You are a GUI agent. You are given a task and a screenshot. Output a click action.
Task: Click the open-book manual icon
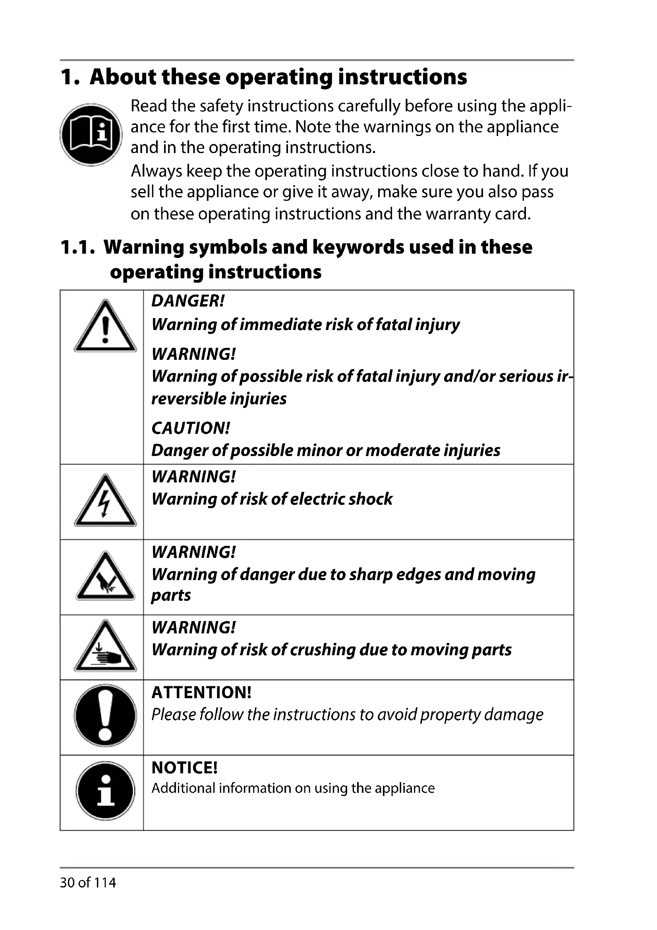pos(91,134)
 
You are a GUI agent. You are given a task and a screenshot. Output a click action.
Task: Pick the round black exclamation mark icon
pos(105,715)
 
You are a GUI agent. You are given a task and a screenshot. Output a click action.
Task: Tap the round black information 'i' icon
pos(105,791)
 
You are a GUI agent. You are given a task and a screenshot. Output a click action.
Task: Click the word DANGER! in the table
pos(188,301)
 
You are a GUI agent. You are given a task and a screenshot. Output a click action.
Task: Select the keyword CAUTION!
pos(191,429)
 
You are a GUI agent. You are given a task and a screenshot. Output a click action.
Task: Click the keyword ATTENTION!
pos(201,693)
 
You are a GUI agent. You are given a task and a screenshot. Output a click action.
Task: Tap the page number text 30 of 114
pos(88,882)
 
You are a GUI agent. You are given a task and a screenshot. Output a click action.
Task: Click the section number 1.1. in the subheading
pos(78,247)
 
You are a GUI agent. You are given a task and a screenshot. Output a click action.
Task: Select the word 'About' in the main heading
pos(123,77)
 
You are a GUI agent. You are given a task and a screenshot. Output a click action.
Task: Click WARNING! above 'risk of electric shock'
pos(193,477)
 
